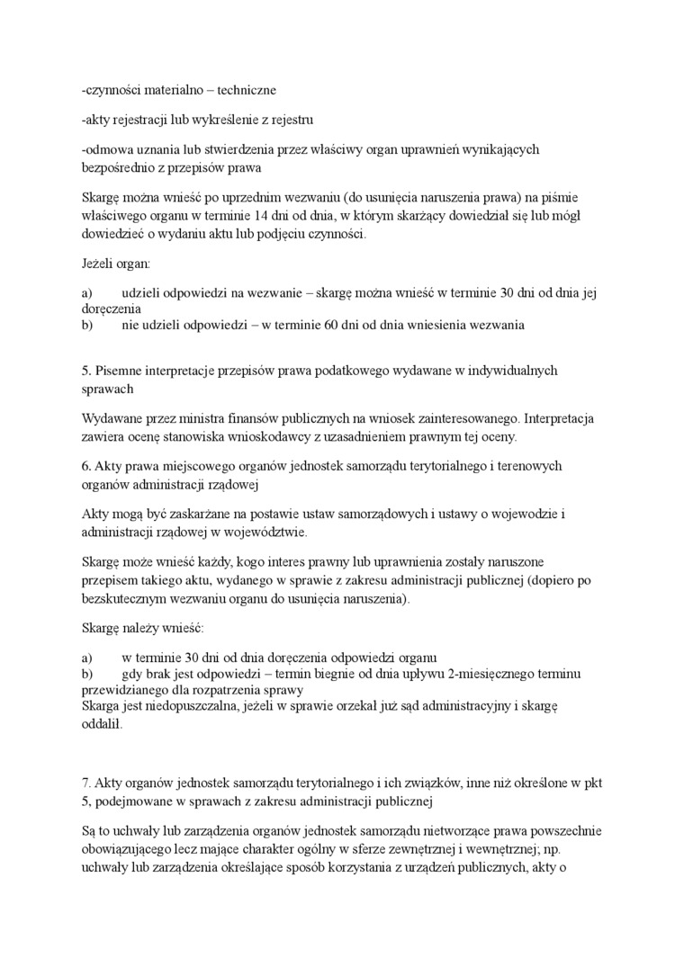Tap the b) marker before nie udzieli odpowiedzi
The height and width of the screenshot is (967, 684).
click(87, 324)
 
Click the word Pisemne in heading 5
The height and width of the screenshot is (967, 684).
click(117, 371)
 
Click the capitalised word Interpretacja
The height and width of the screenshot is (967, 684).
click(559, 418)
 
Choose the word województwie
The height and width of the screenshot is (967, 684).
click(269, 533)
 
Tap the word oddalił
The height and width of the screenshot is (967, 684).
click(102, 726)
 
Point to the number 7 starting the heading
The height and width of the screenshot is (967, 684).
click(85, 783)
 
